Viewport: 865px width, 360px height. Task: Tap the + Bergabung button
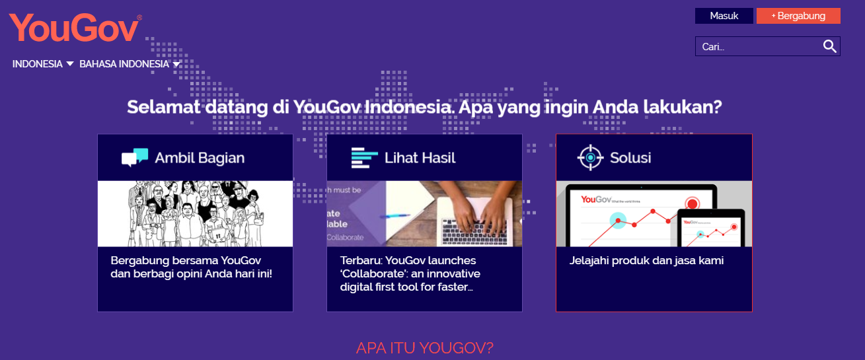(798, 16)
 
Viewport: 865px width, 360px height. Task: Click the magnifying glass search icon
(829, 46)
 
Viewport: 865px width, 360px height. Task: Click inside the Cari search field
(757, 46)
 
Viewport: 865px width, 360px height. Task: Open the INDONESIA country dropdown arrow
(70, 63)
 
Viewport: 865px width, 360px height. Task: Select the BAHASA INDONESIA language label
(124, 64)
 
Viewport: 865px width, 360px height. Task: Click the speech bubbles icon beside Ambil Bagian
(135, 157)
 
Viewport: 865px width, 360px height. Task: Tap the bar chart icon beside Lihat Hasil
(364, 158)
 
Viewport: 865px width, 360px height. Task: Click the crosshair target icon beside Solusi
(590, 157)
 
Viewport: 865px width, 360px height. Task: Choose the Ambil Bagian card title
(200, 158)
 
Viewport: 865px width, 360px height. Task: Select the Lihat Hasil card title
(420, 158)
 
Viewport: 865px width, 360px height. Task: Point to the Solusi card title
(630, 158)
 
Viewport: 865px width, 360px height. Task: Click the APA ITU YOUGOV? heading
(425, 348)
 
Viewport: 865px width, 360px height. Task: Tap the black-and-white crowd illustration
(195, 214)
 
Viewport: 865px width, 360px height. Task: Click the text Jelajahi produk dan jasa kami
(646, 260)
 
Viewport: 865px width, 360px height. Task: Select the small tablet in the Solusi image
(710, 229)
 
